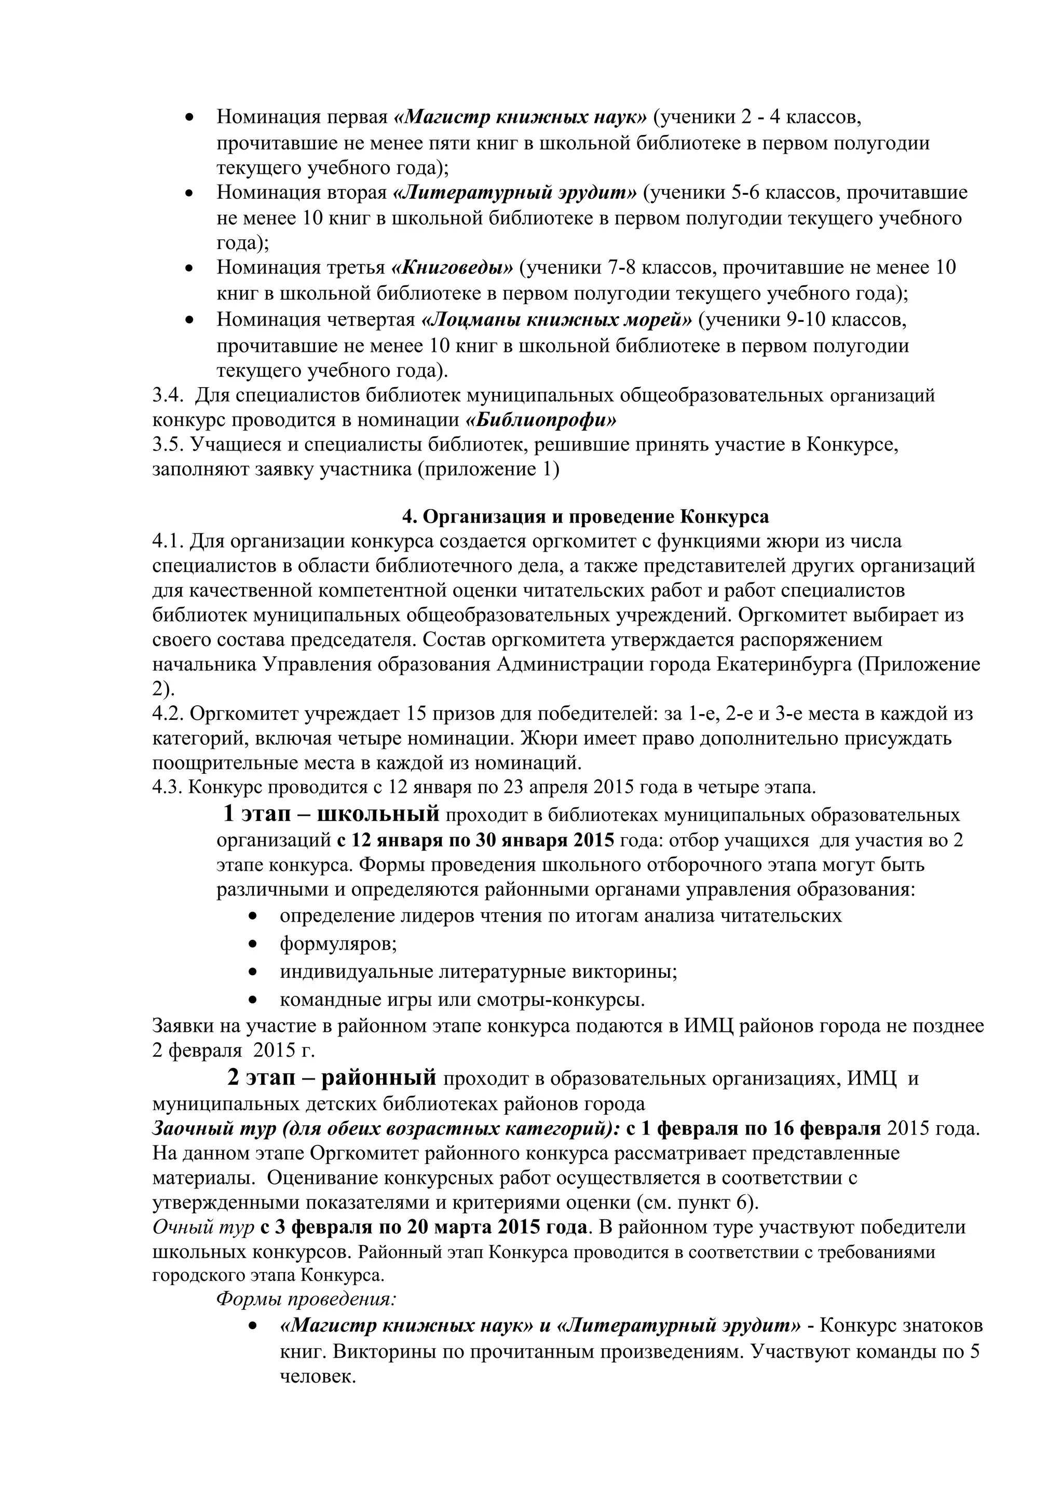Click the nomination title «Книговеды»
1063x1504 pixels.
tap(452, 268)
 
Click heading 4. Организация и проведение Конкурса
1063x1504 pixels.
tap(585, 517)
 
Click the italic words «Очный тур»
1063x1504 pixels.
tap(203, 1227)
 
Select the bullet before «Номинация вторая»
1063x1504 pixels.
tap(190, 193)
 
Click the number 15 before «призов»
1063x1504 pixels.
tap(418, 714)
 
